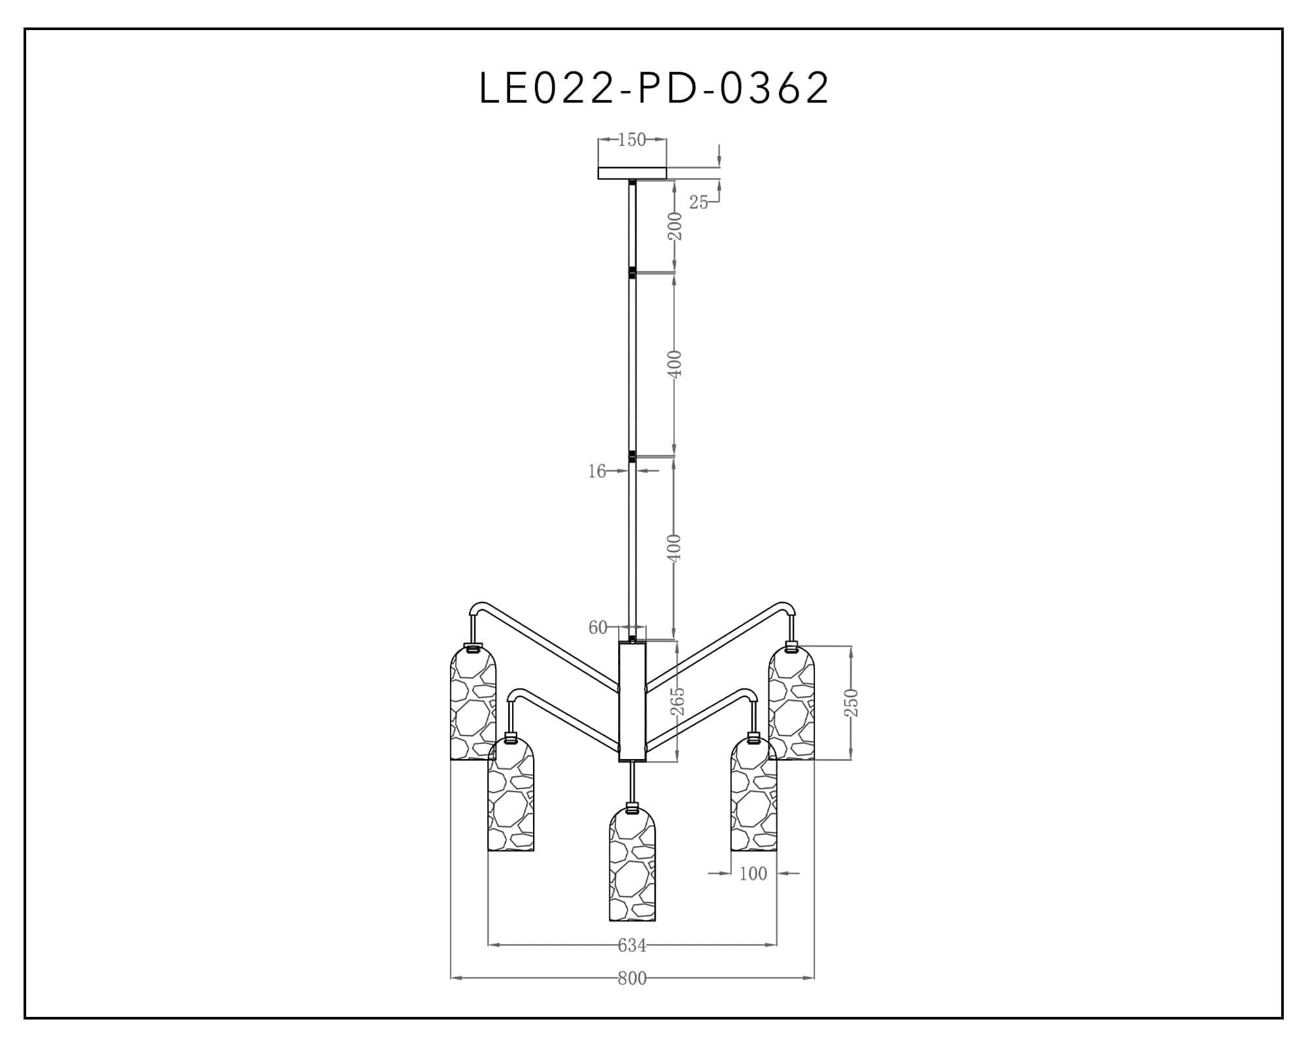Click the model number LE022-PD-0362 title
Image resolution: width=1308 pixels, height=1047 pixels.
pyautogui.click(x=654, y=88)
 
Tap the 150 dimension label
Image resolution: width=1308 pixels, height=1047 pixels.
pyautogui.click(x=632, y=139)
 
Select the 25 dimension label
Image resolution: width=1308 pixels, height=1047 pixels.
pyautogui.click(x=698, y=203)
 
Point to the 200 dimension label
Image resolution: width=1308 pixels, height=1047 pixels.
pyautogui.click(x=676, y=226)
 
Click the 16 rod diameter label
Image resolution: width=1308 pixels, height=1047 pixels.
pyautogui.click(x=596, y=471)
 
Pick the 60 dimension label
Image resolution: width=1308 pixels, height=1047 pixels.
pyautogui.click(x=598, y=628)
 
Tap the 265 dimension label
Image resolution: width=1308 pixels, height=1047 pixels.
pyautogui.click(x=678, y=701)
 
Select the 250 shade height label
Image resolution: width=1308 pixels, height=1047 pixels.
pyautogui.click(x=851, y=703)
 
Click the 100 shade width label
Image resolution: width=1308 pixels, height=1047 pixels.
pyautogui.click(x=753, y=874)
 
